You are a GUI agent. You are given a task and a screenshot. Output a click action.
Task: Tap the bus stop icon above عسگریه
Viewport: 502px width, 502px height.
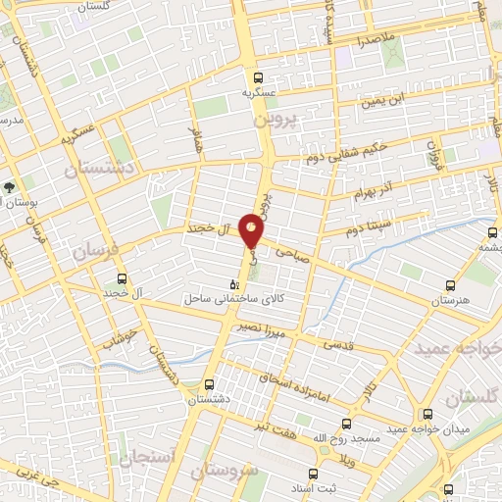tap(259, 76)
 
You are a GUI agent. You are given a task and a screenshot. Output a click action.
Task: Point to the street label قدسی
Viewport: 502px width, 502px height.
tap(338, 344)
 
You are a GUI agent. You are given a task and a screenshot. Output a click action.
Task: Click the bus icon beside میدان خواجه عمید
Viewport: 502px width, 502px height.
tap(426, 414)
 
